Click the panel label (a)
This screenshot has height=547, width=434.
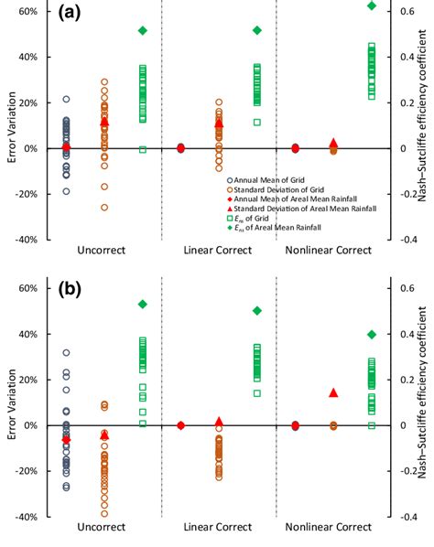(x=71, y=15)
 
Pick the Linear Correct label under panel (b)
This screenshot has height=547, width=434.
(x=219, y=527)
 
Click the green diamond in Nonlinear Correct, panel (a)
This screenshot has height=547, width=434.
(x=371, y=5)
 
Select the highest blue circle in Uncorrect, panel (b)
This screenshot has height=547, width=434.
(x=66, y=352)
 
